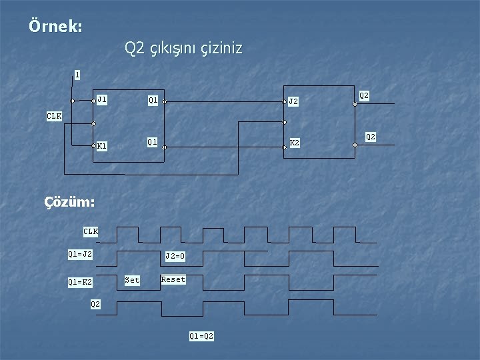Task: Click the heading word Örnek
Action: (55, 27)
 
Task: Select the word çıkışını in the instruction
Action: (173, 49)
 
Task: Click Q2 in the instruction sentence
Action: (135, 49)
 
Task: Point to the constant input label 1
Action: (77, 75)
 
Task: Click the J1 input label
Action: (102, 100)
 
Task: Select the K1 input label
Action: (102, 145)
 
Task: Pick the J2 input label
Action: (293, 102)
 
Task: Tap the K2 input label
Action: (294, 143)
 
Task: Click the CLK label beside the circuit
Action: (54, 116)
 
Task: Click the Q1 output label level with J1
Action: (153, 101)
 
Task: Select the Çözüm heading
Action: (69, 201)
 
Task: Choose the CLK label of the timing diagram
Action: (91, 231)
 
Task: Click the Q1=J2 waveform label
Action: (80, 254)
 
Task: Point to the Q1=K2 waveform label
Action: (80, 283)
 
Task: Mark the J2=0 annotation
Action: (175, 256)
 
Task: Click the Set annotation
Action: (132, 280)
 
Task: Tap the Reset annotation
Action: (173, 279)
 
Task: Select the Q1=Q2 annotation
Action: (201, 336)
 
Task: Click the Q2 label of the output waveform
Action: (95, 304)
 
